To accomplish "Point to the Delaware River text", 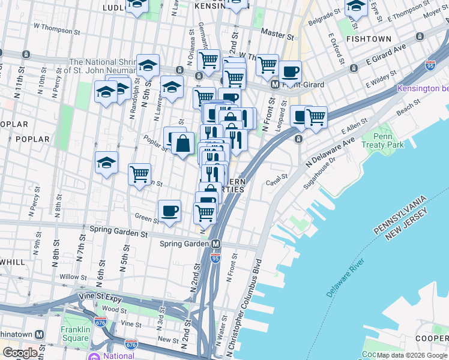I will coord(346,278).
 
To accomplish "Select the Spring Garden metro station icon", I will coord(215,244).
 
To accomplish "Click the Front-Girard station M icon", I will coord(275,85).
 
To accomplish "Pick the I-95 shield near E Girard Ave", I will coord(430,65).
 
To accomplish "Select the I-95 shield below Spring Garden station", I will coord(215,258).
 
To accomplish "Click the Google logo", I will coord(20,353).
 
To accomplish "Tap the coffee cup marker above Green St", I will coord(170,211).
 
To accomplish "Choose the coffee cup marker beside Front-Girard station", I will coord(290,71).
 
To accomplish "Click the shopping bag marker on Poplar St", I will coord(183,144).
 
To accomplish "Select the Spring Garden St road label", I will coord(118,229).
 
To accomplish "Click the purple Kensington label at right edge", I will coord(423,89).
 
